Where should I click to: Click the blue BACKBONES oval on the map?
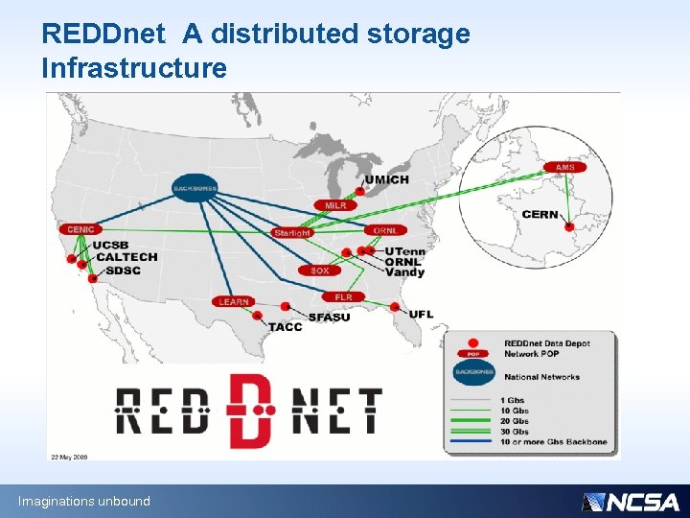195,187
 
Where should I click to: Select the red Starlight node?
291,232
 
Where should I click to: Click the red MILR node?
335,205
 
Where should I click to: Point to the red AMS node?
565,167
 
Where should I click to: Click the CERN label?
540,215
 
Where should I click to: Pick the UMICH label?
386,179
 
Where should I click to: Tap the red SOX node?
320,271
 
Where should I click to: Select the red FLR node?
343,297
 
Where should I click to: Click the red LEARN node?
233,301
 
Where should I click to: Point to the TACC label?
285,327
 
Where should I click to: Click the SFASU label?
329,317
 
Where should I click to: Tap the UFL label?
421,314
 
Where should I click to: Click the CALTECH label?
126,257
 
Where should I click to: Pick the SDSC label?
123,271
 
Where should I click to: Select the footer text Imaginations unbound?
84,501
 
